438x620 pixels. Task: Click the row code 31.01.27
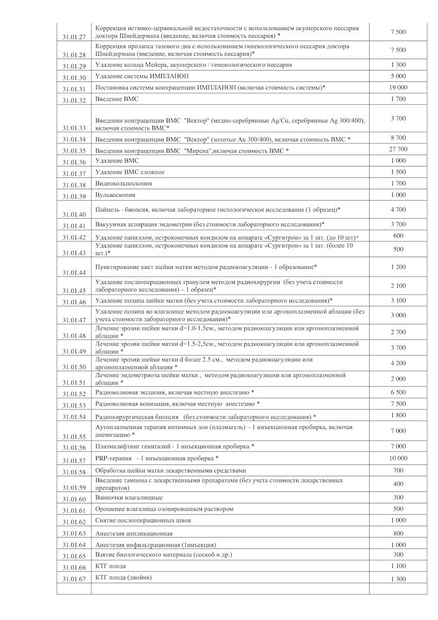(74, 37)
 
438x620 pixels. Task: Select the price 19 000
(399, 87)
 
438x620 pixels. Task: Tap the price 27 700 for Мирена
(399, 149)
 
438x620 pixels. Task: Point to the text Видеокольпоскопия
(124, 184)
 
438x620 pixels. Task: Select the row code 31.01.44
(74, 273)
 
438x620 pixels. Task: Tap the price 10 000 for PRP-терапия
(399, 458)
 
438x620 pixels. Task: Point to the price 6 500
(399, 392)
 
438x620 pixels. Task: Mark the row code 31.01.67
(74, 579)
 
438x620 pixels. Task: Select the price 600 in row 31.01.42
(399, 236)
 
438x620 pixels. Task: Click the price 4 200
(399, 363)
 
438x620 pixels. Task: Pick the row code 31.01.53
(74, 405)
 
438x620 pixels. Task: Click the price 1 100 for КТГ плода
(399, 566)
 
